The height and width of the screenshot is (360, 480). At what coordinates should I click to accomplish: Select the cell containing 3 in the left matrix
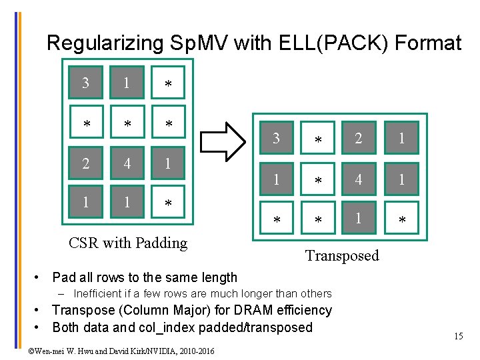85,83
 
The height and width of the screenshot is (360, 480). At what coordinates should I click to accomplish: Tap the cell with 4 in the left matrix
127,163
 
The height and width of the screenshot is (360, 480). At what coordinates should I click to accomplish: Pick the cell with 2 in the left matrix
85,163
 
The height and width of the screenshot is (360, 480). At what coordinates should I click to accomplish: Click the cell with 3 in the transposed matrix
275,139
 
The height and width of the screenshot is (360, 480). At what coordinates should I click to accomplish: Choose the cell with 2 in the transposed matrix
359,139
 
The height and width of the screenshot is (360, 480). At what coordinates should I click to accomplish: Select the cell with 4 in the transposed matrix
359,179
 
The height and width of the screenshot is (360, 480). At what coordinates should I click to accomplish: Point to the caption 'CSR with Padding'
128,243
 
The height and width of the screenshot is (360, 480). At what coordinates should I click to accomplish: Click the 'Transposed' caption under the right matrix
342,255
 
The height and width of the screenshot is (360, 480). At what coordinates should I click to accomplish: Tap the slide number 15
458,336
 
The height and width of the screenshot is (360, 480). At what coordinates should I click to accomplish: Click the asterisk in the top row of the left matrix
168,85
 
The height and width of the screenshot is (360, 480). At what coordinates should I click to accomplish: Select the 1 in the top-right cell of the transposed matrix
401,139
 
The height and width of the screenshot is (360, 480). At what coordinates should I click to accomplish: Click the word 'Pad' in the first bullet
63,277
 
